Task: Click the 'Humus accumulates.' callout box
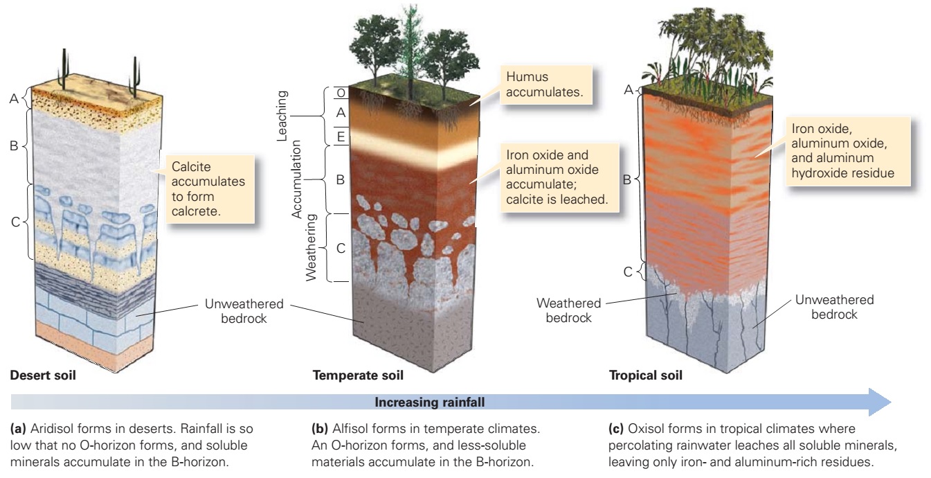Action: point(545,85)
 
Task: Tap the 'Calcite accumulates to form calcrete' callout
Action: point(210,189)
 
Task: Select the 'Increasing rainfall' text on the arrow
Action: point(430,402)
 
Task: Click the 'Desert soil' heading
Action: point(43,375)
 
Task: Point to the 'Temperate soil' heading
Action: point(358,375)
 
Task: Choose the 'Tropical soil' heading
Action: point(645,375)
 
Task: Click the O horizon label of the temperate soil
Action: point(341,93)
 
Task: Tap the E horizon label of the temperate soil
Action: point(341,136)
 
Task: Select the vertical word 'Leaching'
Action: point(282,116)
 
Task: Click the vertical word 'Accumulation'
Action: point(296,179)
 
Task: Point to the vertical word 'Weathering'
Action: point(311,247)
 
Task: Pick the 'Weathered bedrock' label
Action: point(568,310)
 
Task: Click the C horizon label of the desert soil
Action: point(15,222)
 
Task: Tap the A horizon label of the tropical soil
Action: point(629,89)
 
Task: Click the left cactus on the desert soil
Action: point(64,69)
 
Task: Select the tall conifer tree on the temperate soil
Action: point(411,50)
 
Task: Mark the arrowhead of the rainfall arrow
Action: point(880,402)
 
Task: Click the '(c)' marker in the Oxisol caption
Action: point(616,429)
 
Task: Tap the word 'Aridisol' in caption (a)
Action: point(52,429)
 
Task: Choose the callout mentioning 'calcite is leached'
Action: point(559,177)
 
